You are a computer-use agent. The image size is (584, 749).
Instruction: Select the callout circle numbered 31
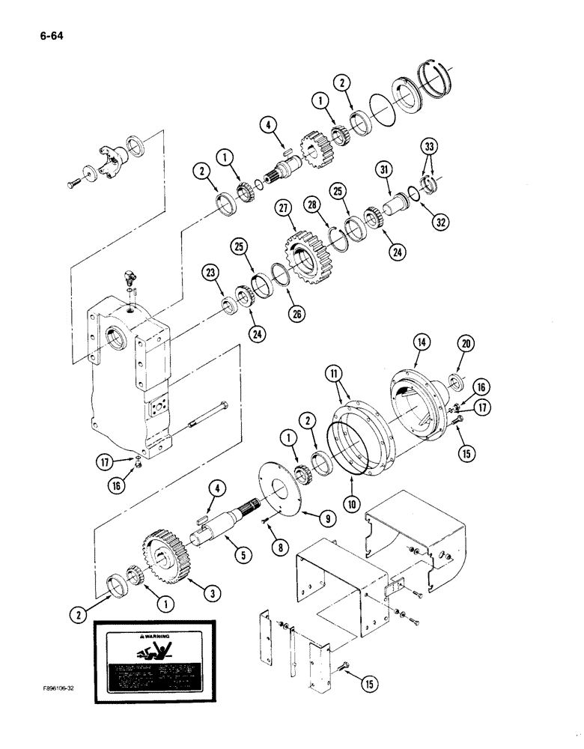386,171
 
